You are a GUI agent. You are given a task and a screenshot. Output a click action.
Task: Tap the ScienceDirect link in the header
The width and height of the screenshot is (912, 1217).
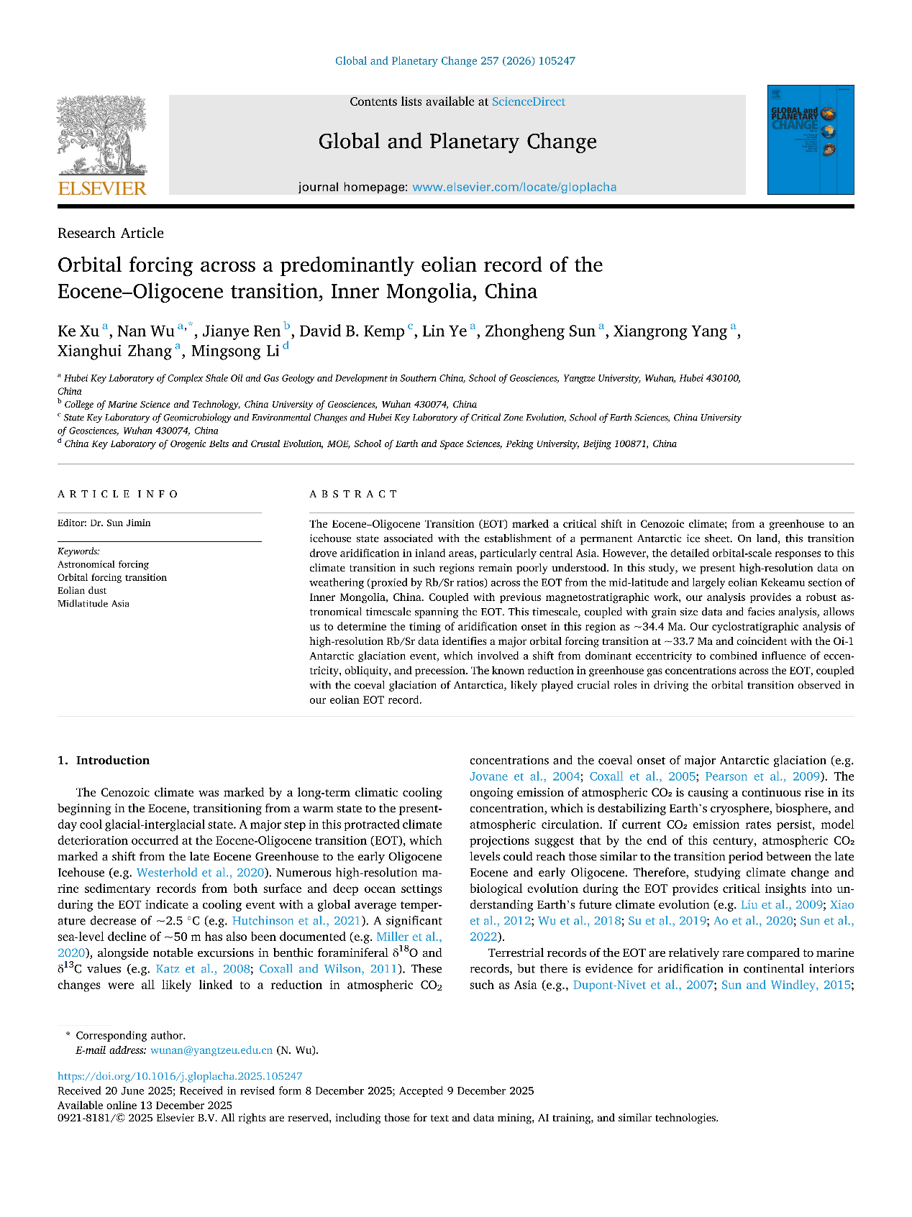click(x=528, y=102)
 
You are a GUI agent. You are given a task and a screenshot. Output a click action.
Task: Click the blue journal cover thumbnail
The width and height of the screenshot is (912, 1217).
click(x=810, y=140)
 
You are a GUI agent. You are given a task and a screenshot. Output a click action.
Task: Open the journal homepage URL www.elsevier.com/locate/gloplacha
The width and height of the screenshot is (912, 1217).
click(x=514, y=188)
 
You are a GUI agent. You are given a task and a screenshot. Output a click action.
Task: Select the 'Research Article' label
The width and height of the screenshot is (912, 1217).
click(x=111, y=233)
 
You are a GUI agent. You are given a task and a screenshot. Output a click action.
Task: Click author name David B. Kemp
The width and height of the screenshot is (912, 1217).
click(x=352, y=331)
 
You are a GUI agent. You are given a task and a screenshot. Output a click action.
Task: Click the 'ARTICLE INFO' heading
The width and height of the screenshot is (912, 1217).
click(x=118, y=494)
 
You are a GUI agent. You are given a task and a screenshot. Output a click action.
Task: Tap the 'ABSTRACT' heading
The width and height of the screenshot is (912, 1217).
click(x=353, y=494)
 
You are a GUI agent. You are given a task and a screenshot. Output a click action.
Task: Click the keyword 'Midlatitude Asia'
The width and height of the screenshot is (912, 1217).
click(x=94, y=604)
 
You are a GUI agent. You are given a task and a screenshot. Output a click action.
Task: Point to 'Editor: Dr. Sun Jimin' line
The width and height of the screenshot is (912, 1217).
click(x=104, y=523)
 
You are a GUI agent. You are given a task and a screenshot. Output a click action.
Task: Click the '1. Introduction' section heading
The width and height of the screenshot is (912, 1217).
click(x=104, y=761)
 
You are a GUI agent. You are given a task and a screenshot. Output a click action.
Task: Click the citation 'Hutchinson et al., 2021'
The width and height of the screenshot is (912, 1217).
click(x=296, y=921)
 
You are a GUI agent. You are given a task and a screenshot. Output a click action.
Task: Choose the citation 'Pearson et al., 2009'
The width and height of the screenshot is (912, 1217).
click(x=762, y=776)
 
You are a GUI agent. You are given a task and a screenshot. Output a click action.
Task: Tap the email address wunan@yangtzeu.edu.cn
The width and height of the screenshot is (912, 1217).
click(x=211, y=1050)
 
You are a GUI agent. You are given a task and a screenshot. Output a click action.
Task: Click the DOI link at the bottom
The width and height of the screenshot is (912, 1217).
click(x=180, y=1076)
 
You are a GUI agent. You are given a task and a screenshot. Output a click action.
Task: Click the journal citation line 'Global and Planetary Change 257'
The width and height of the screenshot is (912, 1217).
click(x=455, y=61)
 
